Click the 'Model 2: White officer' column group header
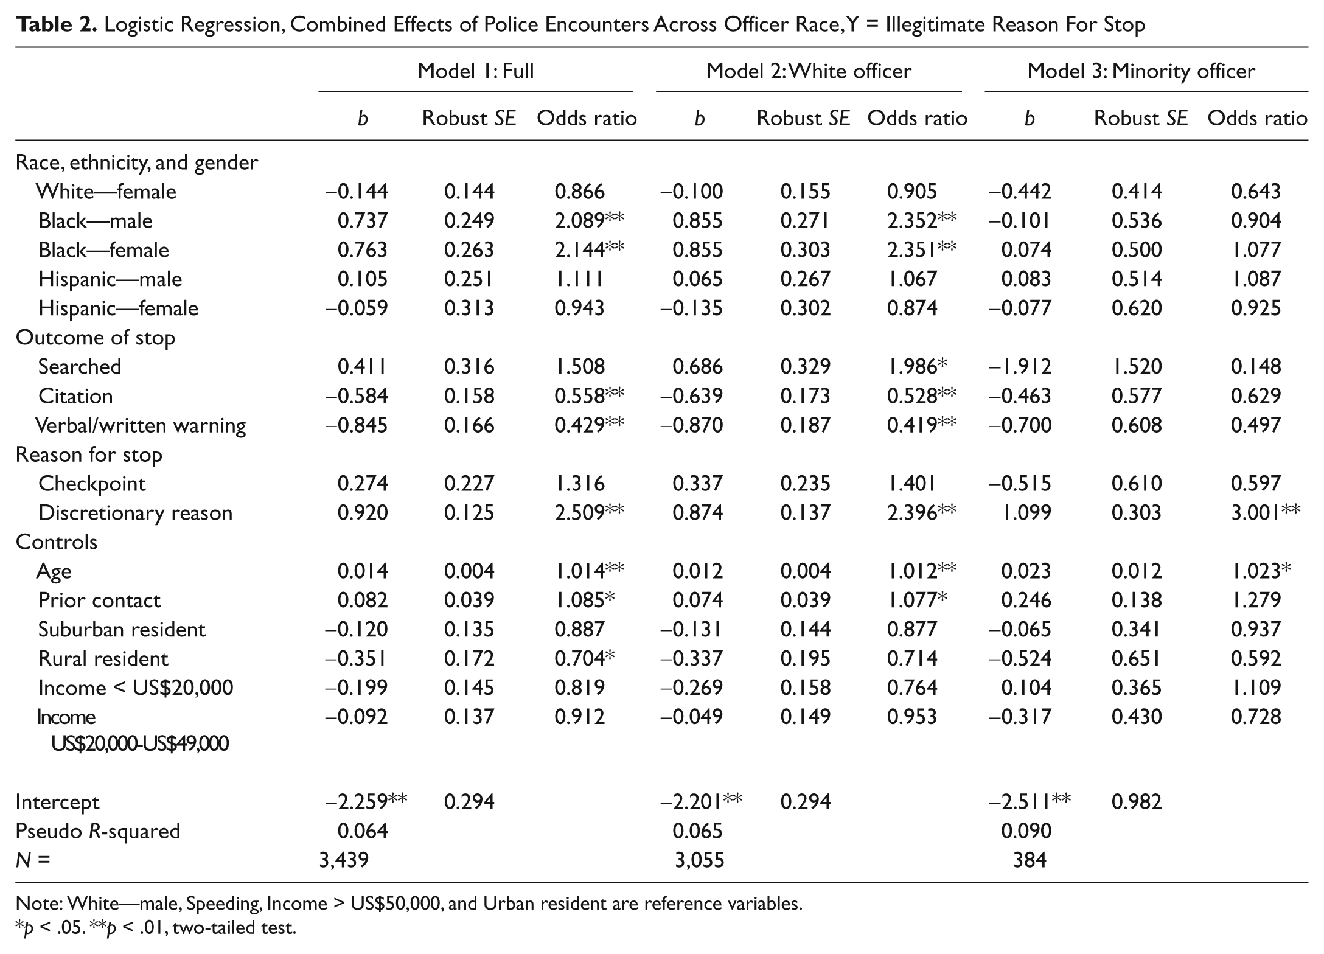coord(809,71)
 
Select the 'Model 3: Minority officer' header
coord(1141,71)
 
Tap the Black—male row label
coord(96,220)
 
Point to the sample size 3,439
coord(344,860)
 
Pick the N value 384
coord(1030,860)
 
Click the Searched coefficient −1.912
coord(1020,366)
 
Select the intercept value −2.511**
coord(1030,801)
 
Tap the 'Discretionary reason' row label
coord(135,513)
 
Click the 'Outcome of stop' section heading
coord(96,338)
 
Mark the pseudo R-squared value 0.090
coord(1026,831)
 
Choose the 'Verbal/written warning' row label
coord(141,425)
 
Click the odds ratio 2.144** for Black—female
coord(589,249)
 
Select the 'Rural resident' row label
coord(103,658)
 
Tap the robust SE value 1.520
coord(1137,366)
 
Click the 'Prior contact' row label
coord(99,601)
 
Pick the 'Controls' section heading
coord(57,542)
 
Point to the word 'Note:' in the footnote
coord(39,904)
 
